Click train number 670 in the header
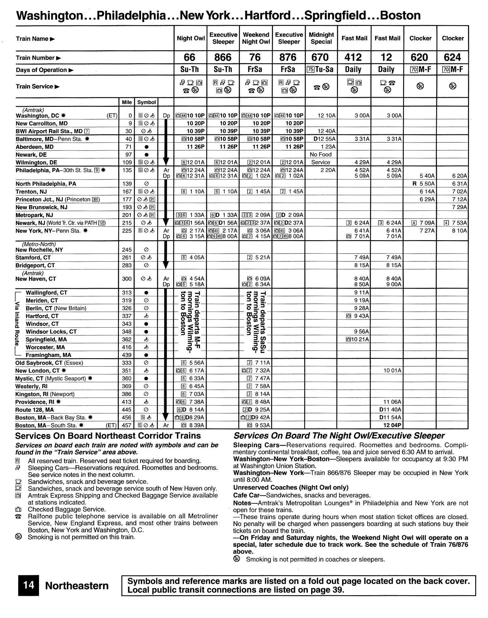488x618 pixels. point(321,57)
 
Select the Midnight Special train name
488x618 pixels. point(321,38)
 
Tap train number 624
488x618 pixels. point(452,57)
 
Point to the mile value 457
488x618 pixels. point(126,425)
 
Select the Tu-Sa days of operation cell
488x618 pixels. point(321,70)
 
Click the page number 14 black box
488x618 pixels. point(29,585)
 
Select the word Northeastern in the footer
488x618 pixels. point(77,586)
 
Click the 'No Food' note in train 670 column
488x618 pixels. point(321,154)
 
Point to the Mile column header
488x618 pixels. point(126,102)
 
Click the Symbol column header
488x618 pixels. point(146,102)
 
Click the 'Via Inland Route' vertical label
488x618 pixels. point(17,324)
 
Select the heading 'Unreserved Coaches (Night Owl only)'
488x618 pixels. point(290,487)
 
